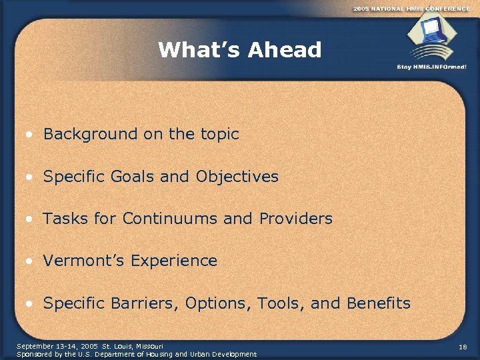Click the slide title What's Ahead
tap(240, 50)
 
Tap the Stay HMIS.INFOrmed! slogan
tap(431, 67)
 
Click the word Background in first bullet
tap(91, 134)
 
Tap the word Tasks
tap(63, 219)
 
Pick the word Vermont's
tap(84, 261)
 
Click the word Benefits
tap(379, 303)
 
